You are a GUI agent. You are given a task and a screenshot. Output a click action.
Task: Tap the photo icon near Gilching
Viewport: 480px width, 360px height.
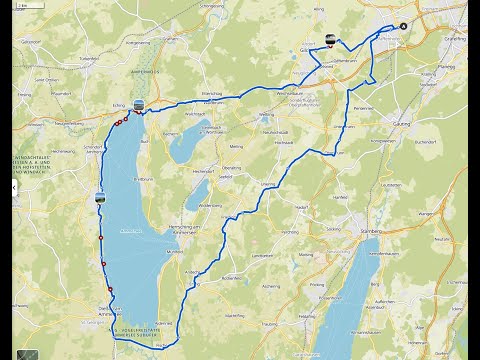(330, 40)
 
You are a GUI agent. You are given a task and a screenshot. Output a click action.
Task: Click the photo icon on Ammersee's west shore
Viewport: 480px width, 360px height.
(99, 196)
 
